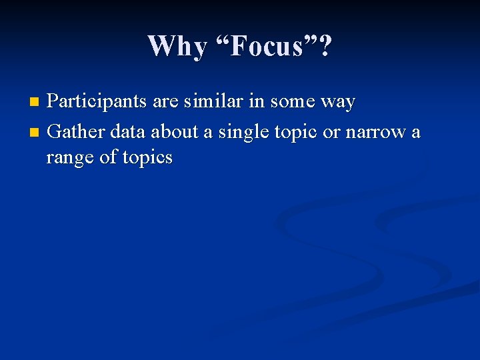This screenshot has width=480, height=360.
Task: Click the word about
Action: (175, 131)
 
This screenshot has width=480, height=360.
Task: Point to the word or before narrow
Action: (331, 132)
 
